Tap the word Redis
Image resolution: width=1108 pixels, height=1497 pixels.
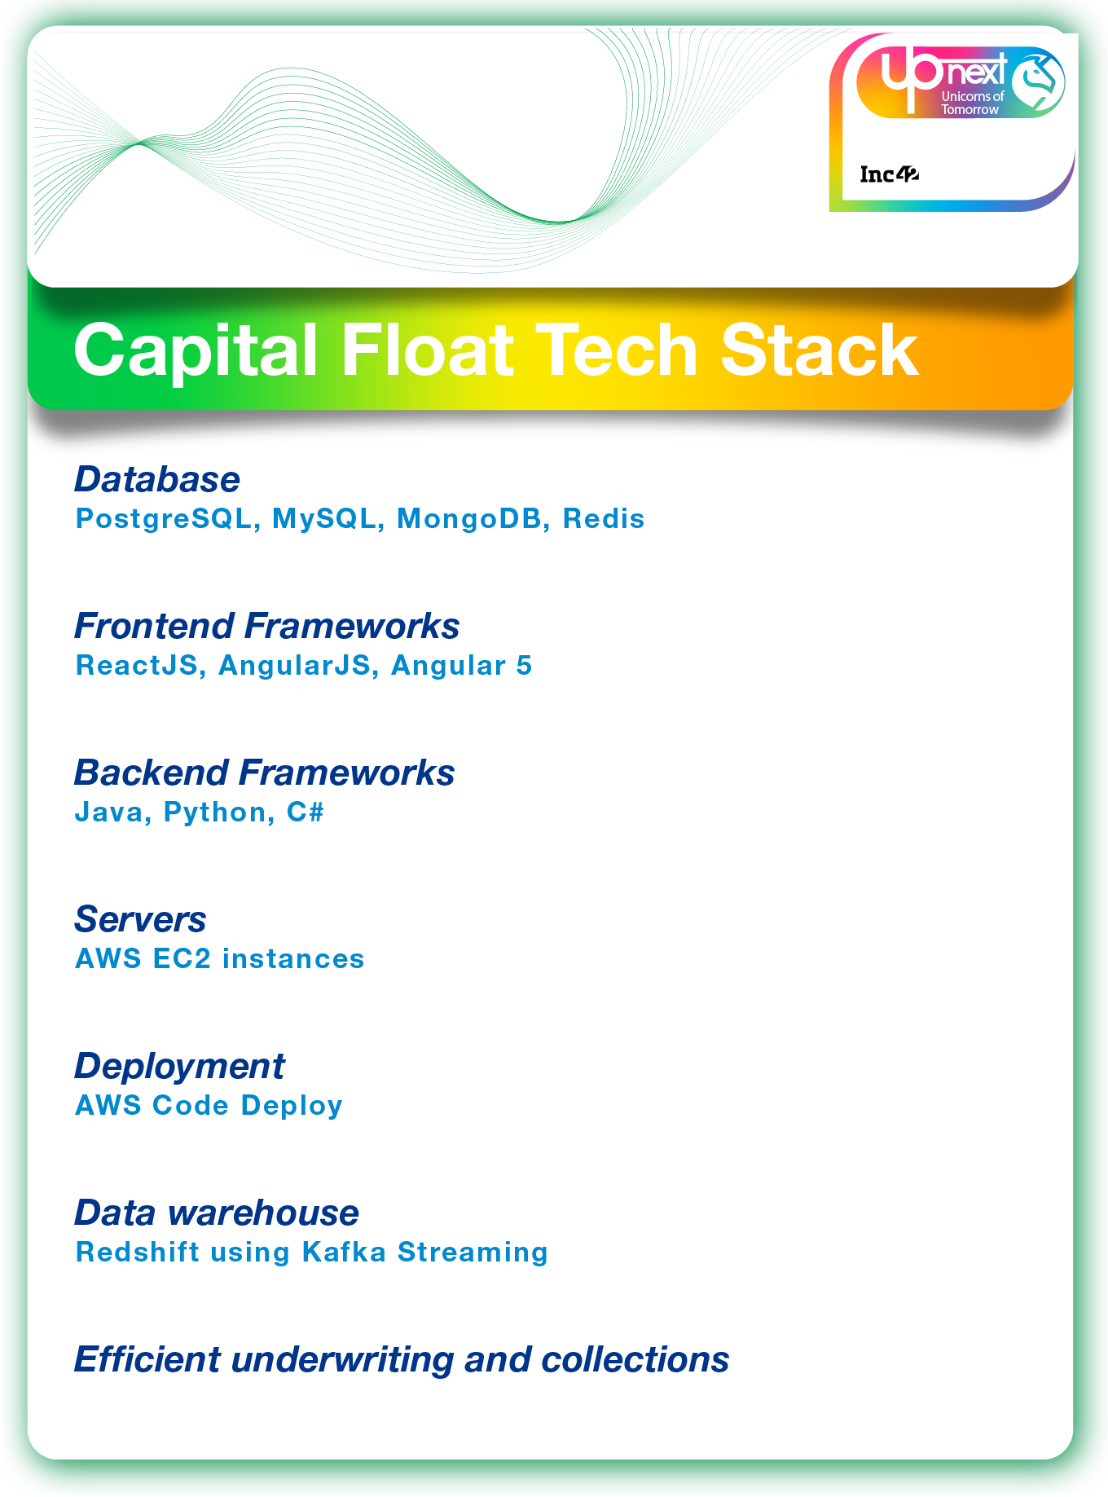(x=604, y=519)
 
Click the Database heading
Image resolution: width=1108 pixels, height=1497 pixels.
(x=157, y=480)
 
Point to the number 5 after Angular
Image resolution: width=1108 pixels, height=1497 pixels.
(x=524, y=666)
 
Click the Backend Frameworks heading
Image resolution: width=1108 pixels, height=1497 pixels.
(x=264, y=773)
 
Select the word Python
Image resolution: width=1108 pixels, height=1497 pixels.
(x=214, y=812)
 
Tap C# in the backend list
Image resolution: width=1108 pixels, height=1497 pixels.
(x=306, y=812)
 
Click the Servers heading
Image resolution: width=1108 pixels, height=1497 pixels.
(x=140, y=920)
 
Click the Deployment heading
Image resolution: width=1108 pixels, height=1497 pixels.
(x=179, y=1067)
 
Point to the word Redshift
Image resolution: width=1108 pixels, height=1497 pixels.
(x=137, y=1253)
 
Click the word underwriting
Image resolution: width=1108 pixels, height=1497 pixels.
(x=342, y=1360)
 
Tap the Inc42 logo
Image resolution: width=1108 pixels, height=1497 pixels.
(x=889, y=174)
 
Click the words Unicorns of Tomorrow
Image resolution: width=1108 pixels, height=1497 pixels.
(x=972, y=103)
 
